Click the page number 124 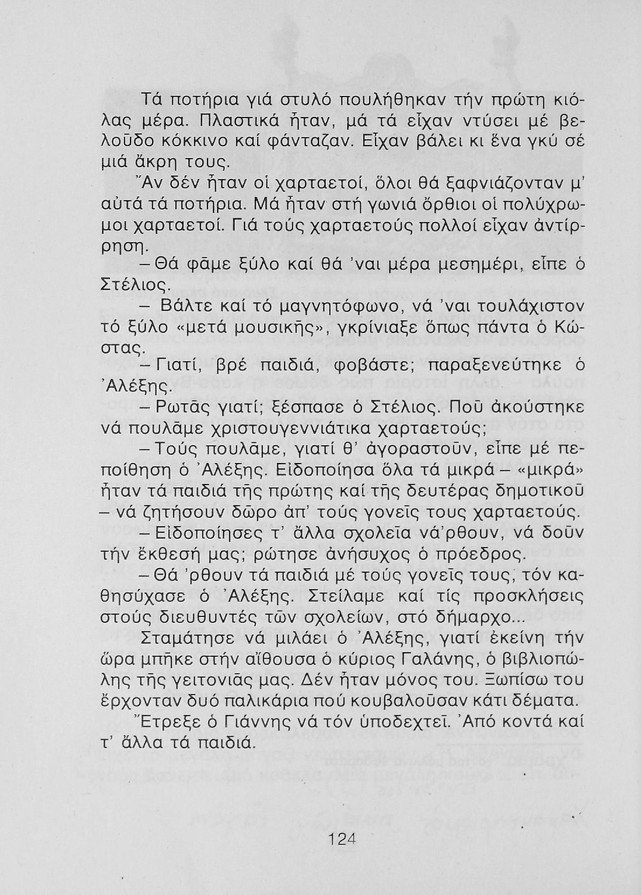pos(340,840)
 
